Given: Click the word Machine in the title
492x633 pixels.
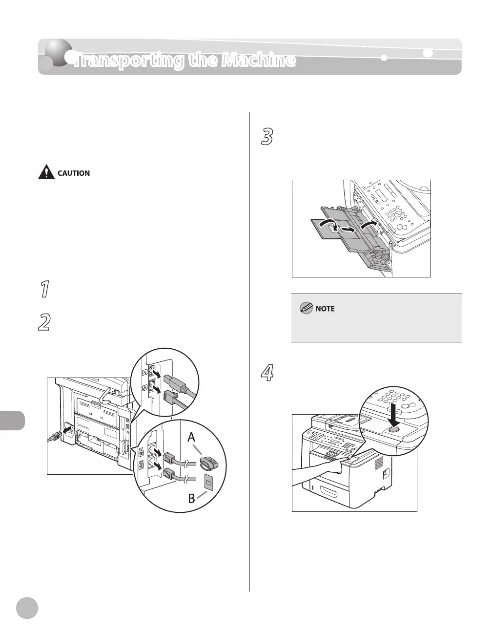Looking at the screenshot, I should coord(258,61).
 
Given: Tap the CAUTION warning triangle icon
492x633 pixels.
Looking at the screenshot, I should coord(47,172).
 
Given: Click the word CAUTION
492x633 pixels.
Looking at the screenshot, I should coord(74,173).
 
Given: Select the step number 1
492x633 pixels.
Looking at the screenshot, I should coord(44,290).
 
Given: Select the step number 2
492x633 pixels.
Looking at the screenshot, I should coord(44,323).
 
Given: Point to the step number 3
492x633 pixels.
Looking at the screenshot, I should coord(266,137).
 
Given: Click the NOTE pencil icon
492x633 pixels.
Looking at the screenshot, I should coord(307,308).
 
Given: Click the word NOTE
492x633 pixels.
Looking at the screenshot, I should coord(326,309).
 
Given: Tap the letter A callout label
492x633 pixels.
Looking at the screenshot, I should coord(191,439).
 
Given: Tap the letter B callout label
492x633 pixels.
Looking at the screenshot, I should coord(191,499).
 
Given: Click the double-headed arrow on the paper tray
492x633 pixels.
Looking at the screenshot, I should coord(342,229).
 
